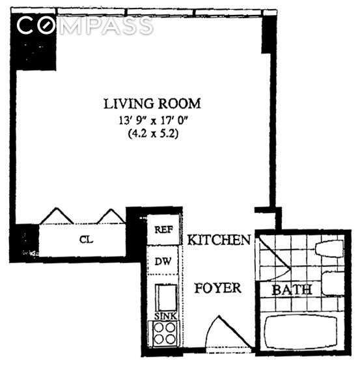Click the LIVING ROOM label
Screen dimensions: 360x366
tap(152, 104)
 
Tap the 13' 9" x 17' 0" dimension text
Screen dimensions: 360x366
tap(153, 120)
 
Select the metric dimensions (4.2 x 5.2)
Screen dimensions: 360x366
tap(153, 134)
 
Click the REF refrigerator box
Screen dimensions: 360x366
tap(163, 230)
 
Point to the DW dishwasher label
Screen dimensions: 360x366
tap(163, 261)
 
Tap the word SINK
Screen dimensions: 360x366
tap(165, 316)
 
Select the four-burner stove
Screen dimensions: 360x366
tap(165, 333)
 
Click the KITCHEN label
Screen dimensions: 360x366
tap(219, 240)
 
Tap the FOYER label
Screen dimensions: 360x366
tap(217, 288)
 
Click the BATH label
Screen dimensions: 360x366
tap(292, 290)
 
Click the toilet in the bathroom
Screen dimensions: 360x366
tap(329, 249)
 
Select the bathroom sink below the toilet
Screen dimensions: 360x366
tap(333, 283)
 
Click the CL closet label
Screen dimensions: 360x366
tap(86, 240)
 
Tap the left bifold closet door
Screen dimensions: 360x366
tap(57, 216)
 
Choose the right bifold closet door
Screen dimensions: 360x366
tap(111, 216)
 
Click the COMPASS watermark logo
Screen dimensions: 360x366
tap(85, 25)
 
